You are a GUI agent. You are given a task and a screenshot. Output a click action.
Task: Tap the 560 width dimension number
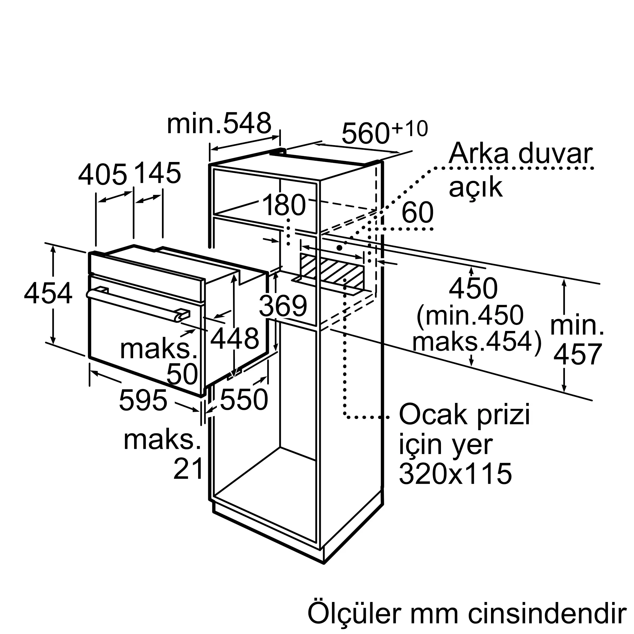(366, 133)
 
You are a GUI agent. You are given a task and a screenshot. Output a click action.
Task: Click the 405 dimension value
(102, 175)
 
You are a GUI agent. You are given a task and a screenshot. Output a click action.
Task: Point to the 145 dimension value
(158, 173)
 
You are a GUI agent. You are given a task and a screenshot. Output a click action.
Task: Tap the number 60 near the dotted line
(417, 213)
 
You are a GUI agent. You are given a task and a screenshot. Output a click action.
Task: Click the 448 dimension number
(235, 338)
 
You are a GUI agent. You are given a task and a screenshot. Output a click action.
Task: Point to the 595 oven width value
(143, 400)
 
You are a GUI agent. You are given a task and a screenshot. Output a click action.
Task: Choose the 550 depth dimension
(244, 400)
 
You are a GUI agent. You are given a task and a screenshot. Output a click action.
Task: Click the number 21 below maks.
(188, 469)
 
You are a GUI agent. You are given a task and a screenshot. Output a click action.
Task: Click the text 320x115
(456, 474)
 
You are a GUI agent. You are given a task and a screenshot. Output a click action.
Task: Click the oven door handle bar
(138, 304)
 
